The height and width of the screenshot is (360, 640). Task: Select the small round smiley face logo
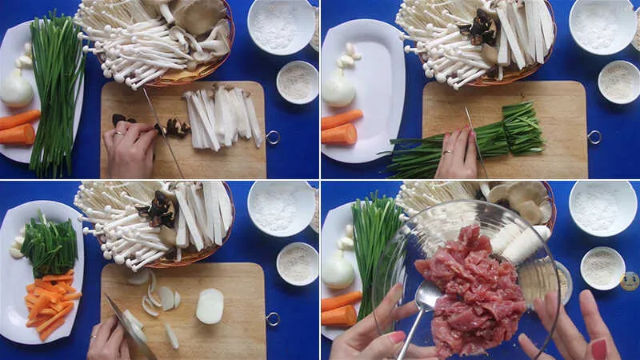point(630,281)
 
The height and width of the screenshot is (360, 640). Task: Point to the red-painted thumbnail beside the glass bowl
point(598,349)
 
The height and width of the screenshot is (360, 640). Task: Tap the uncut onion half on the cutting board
point(210,306)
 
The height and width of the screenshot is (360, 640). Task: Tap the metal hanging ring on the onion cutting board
point(273,318)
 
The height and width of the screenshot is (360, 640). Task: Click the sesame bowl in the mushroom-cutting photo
point(297,82)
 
